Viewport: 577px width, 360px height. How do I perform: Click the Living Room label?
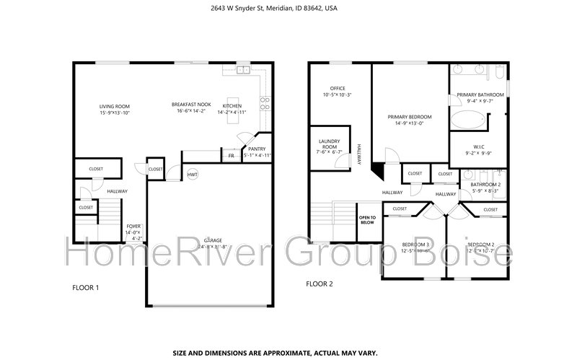tap(113, 107)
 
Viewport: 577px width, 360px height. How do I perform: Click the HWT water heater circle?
tap(193, 175)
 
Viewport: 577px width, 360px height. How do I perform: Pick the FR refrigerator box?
tap(231, 156)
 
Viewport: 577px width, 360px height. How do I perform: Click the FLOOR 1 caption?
tap(85, 288)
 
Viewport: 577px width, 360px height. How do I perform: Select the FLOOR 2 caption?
tap(319, 284)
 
